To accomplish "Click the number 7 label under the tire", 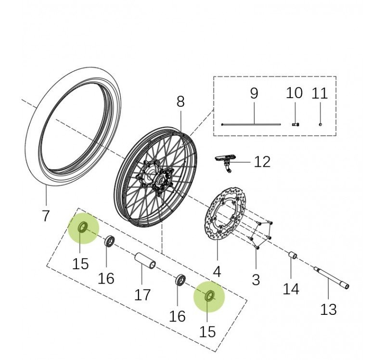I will click(46, 215).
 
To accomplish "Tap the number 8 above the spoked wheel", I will click(180, 101).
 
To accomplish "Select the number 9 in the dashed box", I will click(254, 93).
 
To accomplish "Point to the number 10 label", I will click(294, 93).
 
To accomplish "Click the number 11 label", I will click(320, 93).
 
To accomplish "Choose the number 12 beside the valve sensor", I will click(262, 162).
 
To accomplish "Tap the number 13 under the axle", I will click(328, 310).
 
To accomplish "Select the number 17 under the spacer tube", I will click(142, 294).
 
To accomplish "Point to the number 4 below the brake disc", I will click(217, 272).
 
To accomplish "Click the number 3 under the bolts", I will click(256, 279).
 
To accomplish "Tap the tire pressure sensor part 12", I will click(225, 160).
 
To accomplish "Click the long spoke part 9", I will click(251, 124).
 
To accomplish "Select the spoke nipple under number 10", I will click(295, 124).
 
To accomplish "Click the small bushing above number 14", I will click(292, 254).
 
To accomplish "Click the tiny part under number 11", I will click(320, 124).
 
